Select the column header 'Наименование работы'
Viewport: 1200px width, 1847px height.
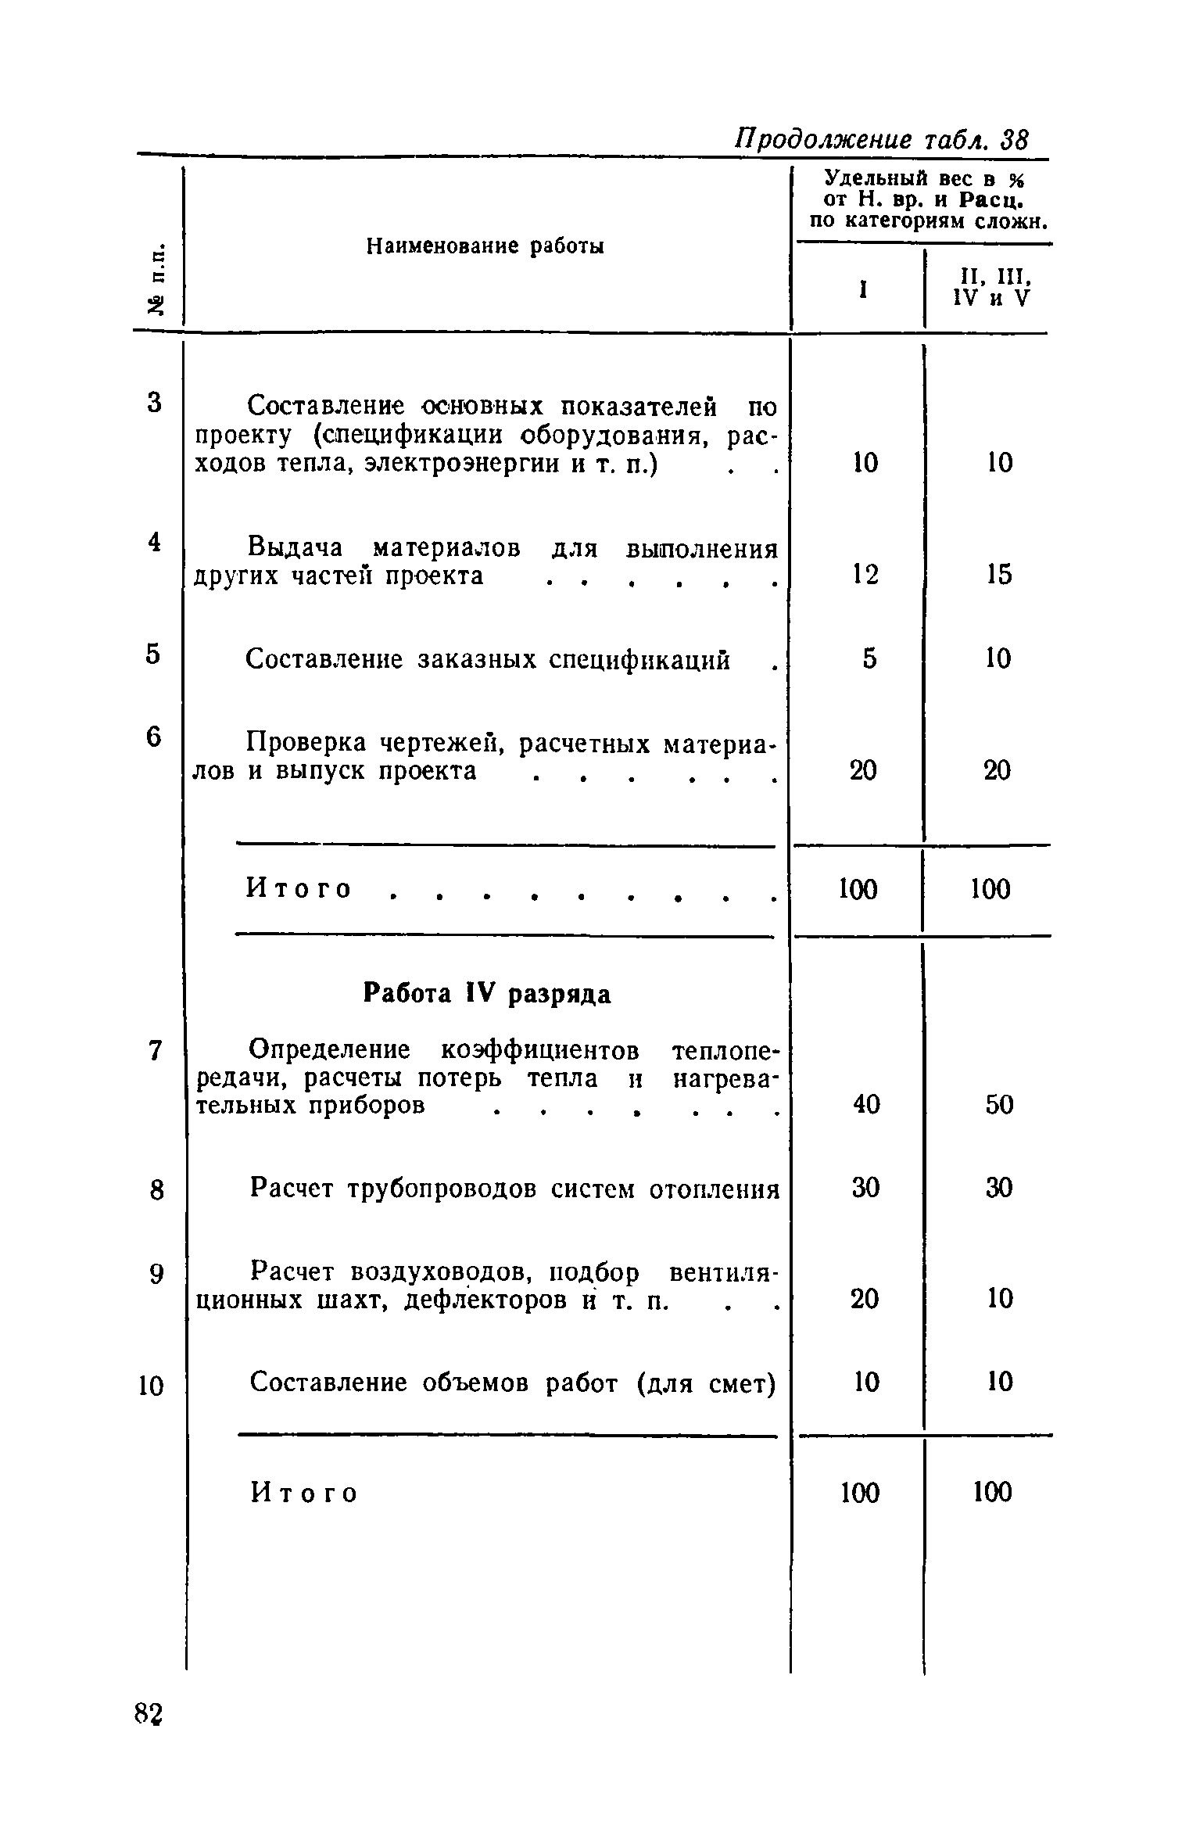pos(485,247)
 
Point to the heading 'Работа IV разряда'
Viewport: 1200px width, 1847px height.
pos(487,994)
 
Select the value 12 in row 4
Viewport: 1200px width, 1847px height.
pos(865,576)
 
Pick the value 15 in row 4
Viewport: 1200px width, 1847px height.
pos(998,576)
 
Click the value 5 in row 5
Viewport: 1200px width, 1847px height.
pos(870,659)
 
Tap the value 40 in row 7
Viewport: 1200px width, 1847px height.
pos(866,1104)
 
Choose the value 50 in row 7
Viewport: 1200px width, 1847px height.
pos(999,1104)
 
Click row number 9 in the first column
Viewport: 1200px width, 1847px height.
pos(156,1275)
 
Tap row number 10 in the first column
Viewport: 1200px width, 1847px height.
pos(152,1386)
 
